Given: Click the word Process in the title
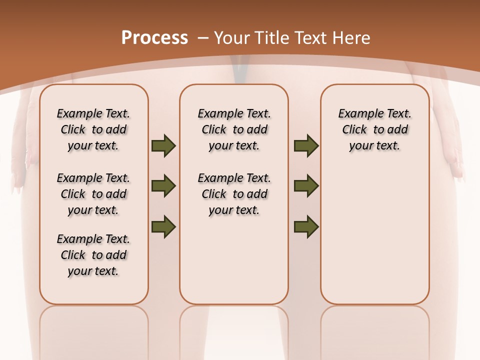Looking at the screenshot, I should pos(154,37).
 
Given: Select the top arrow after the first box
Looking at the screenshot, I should pos(163,146).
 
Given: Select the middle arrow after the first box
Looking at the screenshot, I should pos(163,186).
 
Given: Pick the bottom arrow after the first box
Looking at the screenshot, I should pos(163,226).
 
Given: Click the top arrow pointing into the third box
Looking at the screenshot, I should pos(306,146).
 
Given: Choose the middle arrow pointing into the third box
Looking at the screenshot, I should pos(306,186).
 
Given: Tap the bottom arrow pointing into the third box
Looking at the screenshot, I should pos(306,226).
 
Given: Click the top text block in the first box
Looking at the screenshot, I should pos(93,129).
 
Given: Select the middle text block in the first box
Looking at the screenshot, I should pos(93,194).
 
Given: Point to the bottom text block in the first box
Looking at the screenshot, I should pos(93,255).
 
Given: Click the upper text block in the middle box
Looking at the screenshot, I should pos(234,129).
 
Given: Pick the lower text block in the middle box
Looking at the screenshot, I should pos(234,194).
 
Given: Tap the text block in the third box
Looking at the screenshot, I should pos(374,129).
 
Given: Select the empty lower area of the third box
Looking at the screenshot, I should pos(374,230).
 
